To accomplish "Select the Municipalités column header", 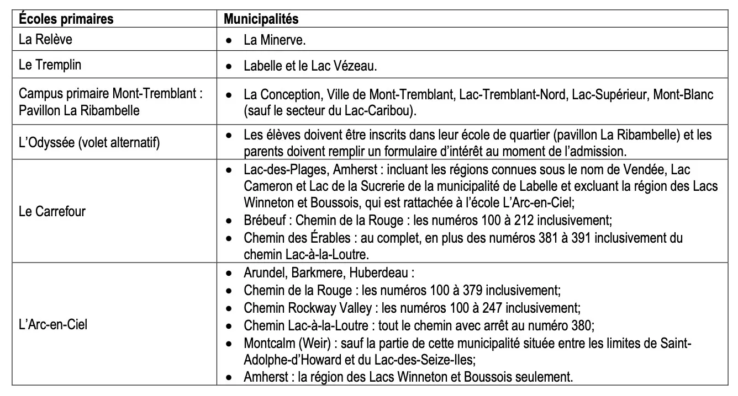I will [x=261, y=19].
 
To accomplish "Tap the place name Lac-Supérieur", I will [x=609, y=94].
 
